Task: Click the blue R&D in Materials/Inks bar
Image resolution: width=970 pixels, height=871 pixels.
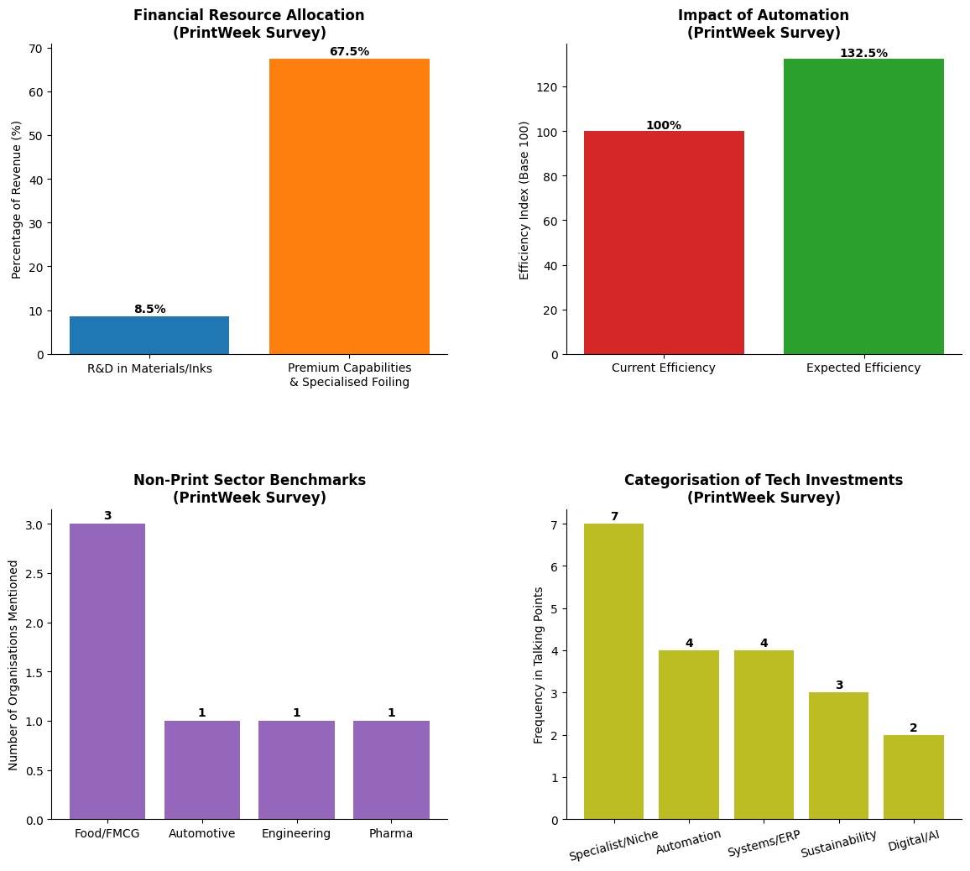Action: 149,336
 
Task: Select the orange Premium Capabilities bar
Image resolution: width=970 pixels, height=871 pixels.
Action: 349,206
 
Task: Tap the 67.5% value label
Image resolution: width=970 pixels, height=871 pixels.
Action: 349,52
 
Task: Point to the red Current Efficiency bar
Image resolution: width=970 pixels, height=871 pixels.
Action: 664,243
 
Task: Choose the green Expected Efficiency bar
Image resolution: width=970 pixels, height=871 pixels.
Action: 863,206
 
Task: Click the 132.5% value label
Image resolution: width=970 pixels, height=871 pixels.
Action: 863,54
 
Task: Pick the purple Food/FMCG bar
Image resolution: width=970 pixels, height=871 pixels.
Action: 107,671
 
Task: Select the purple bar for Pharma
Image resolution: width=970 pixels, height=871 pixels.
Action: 391,770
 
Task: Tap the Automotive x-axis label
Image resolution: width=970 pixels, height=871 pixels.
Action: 202,833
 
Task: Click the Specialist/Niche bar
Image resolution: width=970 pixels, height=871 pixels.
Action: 613,671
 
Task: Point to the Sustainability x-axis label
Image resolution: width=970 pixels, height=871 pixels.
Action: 838,844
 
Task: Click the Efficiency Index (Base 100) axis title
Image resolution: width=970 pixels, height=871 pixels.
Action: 524,200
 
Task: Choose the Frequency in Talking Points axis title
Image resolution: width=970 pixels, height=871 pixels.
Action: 539,665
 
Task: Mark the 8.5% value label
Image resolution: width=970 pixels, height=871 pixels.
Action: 149,310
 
